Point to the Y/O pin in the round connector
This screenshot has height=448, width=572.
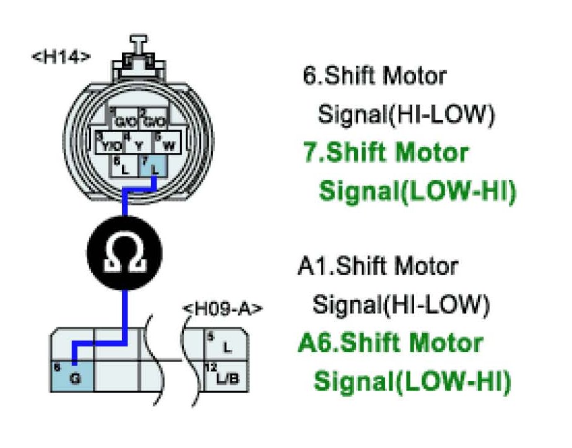pos(110,144)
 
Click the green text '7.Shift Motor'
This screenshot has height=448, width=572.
pos(386,153)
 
